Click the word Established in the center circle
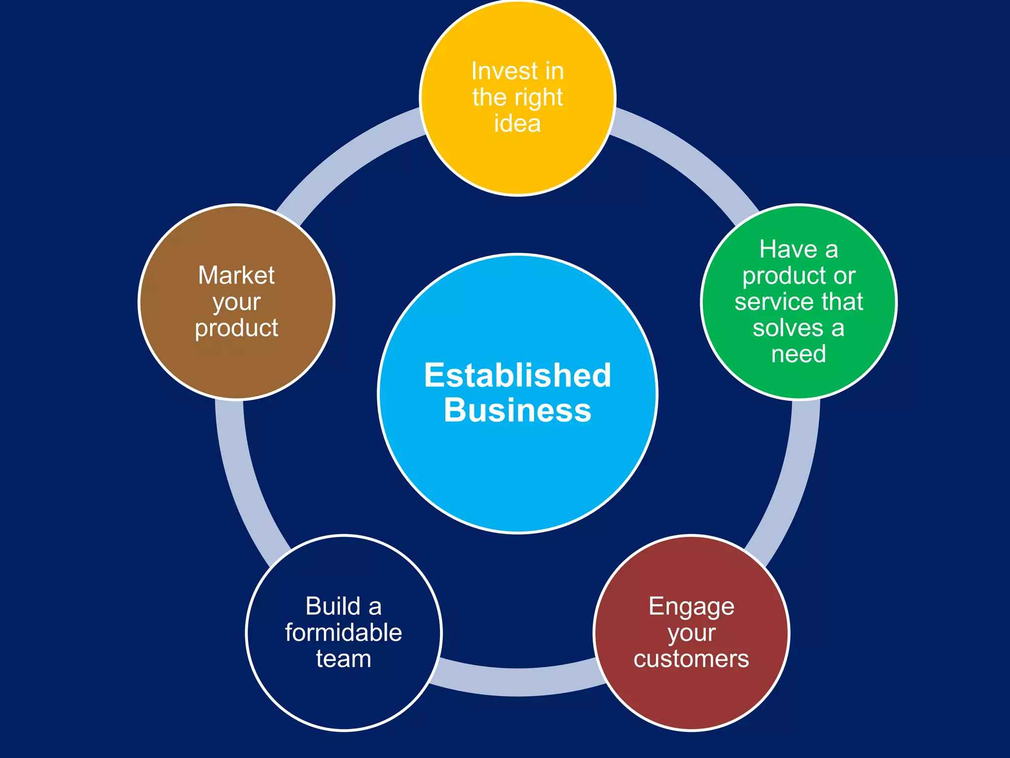517,375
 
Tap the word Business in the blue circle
517,411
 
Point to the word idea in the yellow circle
517,123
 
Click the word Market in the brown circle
236,275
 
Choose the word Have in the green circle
788,249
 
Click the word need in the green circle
798,354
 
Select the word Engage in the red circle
691,607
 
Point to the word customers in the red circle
691,659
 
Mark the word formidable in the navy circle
344,633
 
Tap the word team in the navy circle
344,659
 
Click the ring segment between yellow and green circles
690,158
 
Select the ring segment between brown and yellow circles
345,158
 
